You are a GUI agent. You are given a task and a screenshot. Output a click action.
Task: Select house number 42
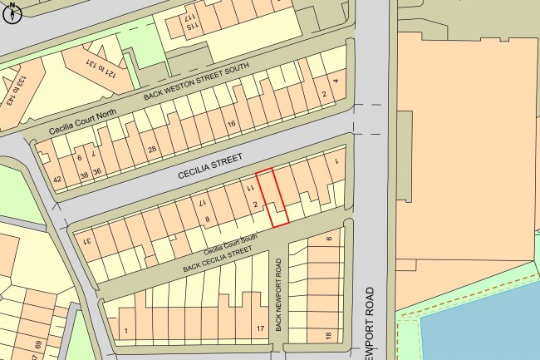(x=57, y=180)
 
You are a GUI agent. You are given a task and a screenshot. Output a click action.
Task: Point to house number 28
(x=152, y=150)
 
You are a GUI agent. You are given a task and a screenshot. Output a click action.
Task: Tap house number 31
(x=86, y=241)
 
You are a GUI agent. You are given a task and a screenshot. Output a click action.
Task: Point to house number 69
(x=37, y=344)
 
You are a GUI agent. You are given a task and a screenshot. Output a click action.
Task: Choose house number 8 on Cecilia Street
(x=208, y=220)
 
